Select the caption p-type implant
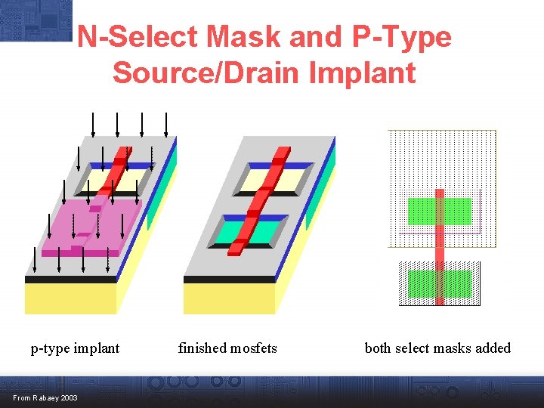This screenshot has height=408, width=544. [75, 348]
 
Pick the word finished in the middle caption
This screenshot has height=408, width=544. [202, 348]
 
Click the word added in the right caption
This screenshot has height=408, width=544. [494, 348]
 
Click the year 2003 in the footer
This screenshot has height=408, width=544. [68, 398]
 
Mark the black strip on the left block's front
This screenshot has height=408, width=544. [70, 279]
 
